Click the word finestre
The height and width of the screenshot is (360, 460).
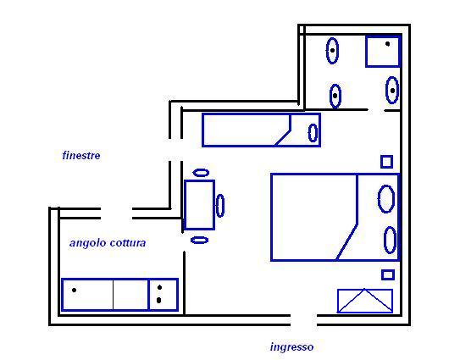point(81,155)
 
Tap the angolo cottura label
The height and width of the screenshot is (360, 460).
point(108,243)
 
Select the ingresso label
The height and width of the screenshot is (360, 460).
point(291,347)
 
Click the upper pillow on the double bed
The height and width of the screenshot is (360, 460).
point(385,198)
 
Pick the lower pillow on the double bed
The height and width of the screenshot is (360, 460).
point(390,240)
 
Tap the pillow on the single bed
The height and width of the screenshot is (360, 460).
point(313,133)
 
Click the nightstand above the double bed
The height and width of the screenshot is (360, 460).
point(386,162)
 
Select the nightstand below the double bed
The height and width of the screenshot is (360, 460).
point(388,275)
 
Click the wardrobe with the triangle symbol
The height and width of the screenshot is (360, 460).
point(365,301)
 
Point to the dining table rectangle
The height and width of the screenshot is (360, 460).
point(199,205)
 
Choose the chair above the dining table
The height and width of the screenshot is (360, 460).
point(201,173)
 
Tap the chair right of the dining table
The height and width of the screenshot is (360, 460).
point(220,205)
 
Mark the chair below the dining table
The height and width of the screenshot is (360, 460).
point(199,240)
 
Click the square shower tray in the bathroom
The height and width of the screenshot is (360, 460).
point(383,51)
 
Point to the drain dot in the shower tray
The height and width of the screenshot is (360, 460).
point(387,44)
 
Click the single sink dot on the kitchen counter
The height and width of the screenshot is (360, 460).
point(74,291)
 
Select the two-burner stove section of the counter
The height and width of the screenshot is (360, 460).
point(163,294)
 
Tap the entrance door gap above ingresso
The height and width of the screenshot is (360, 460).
point(303,320)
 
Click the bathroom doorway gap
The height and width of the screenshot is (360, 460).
point(376,110)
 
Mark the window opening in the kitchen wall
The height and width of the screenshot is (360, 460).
point(116,213)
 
